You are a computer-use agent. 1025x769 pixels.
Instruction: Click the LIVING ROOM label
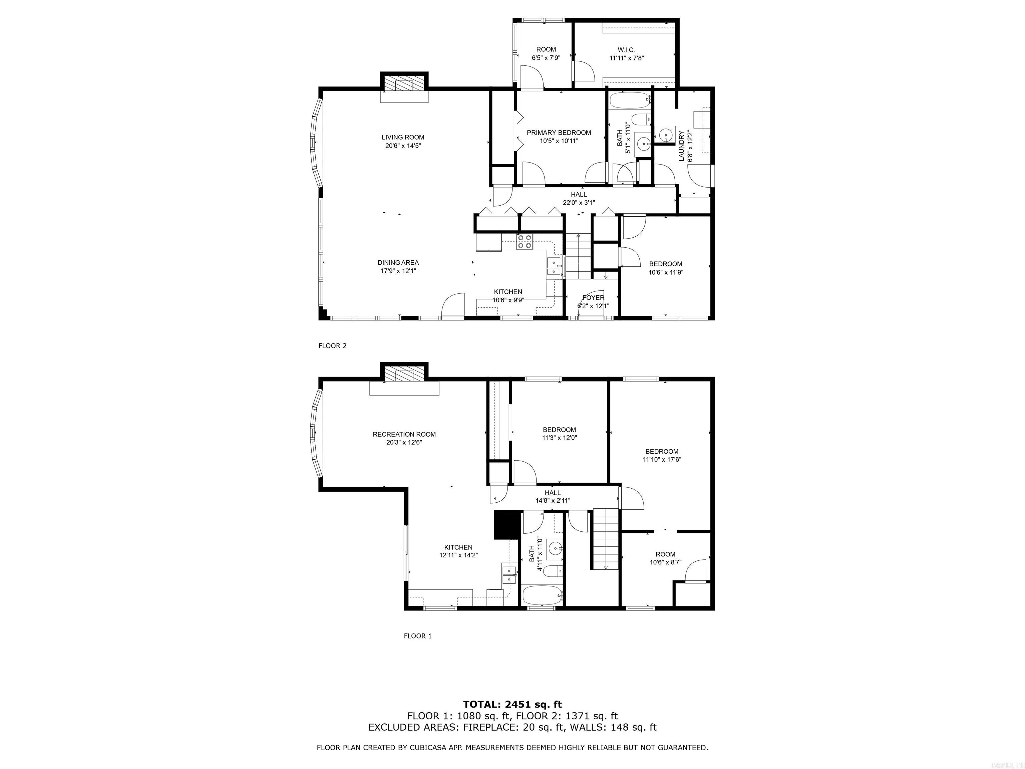click(x=403, y=137)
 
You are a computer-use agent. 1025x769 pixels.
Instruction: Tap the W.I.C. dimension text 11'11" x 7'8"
click(x=627, y=58)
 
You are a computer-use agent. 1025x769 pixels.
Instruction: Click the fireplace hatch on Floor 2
click(x=404, y=84)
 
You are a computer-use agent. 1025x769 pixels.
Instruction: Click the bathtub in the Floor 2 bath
click(x=629, y=100)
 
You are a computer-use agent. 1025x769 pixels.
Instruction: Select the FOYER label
click(x=593, y=298)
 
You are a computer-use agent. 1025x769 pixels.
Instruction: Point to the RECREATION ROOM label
click(x=404, y=434)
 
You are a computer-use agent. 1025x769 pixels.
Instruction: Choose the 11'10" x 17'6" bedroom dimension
click(x=662, y=460)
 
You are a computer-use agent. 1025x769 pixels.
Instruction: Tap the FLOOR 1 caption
click(x=417, y=636)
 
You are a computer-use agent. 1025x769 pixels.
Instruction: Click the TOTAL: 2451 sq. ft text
click(x=512, y=705)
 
